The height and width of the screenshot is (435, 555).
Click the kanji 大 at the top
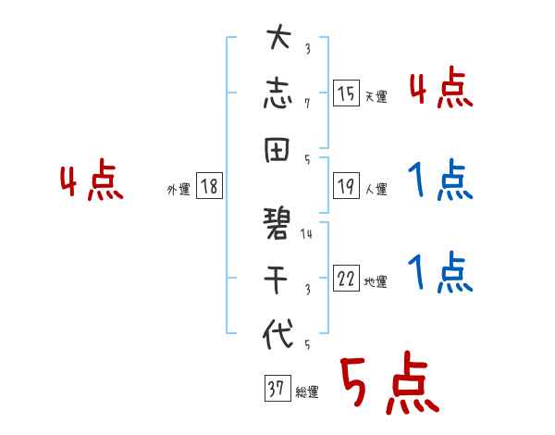(278, 41)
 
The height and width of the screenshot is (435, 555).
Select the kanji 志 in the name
(278, 94)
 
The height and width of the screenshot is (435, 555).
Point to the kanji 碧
(278, 220)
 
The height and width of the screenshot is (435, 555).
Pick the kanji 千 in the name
(278, 276)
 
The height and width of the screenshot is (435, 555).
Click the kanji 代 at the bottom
(278, 333)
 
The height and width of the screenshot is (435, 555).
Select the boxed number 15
(346, 93)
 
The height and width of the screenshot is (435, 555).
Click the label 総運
(307, 392)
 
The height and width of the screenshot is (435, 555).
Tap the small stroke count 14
(306, 234)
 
